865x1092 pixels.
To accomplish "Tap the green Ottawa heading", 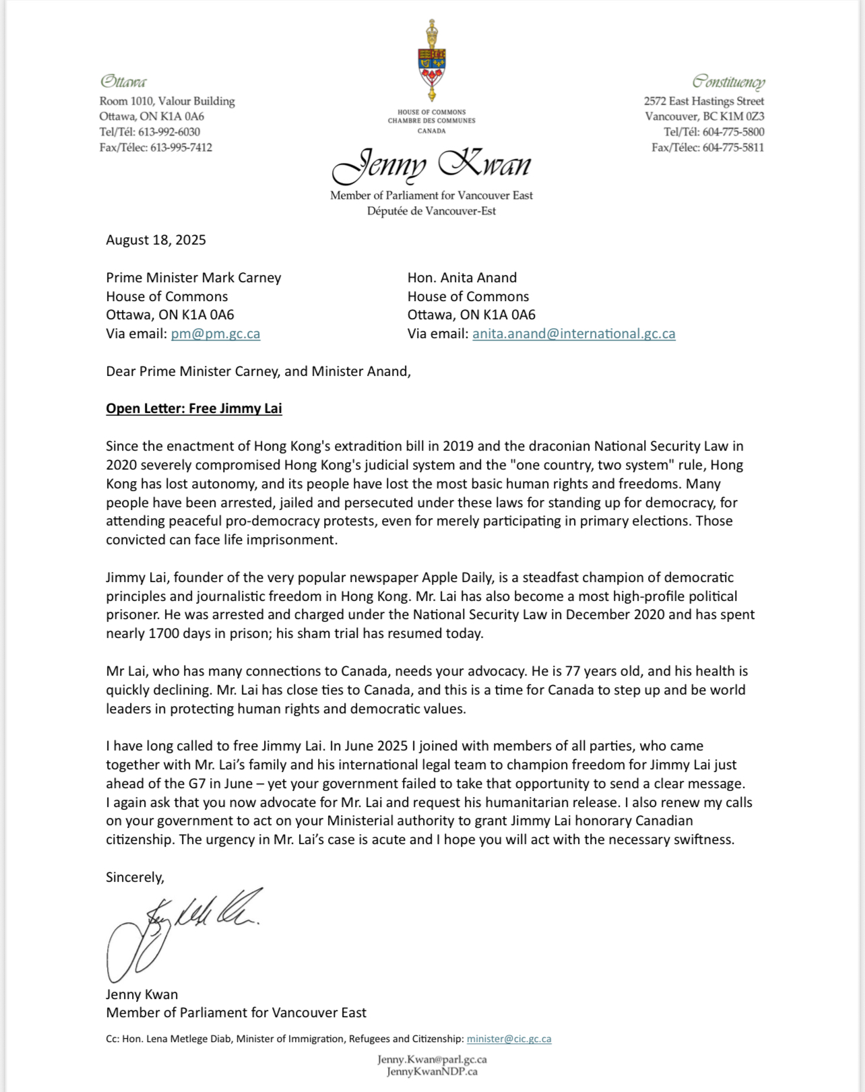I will tap(123, 82).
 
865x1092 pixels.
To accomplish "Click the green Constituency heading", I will tap(728, 82).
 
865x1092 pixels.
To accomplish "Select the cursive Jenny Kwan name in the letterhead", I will tap(431, 166).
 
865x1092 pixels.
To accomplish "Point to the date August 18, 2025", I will tap(156, 240).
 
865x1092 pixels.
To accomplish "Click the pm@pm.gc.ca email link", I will tap(216, 333).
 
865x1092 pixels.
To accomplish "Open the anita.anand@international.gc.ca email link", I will tap(573, 333).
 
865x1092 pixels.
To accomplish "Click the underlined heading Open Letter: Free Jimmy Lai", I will tap(194, 408).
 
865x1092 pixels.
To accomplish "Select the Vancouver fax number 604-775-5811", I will tap(733, 148).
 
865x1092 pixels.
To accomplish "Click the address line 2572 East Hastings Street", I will tap(703, 101).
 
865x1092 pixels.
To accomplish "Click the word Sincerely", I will tap(135, 877).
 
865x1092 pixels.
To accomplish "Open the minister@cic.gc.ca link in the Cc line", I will tap(509, 1039).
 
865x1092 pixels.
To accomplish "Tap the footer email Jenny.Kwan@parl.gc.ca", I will tap(432, 1059).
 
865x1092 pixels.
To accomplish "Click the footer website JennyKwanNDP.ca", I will tap(432, 1071).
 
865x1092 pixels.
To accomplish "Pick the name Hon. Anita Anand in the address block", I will tap(462, 278).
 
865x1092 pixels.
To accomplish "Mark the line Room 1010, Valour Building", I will tap(167, 101).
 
